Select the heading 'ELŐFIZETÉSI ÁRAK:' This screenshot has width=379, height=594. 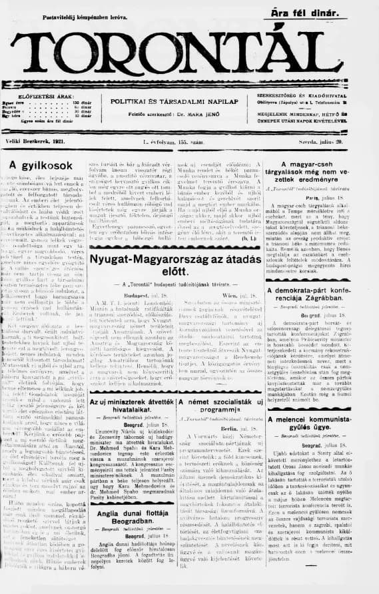(x=42, y=96)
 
